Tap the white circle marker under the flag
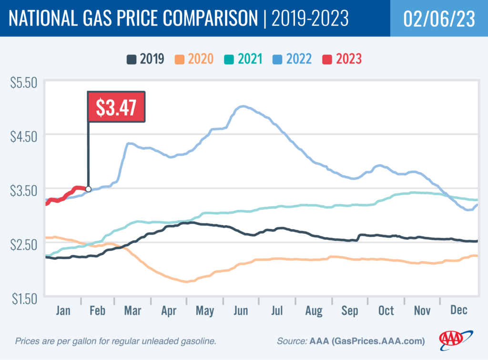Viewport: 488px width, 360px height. (88, 189)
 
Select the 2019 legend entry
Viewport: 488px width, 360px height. (145, 59)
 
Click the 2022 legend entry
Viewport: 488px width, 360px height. (293, 59)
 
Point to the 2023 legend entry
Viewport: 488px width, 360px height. (342, 59)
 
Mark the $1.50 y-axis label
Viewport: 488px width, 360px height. (24, 299)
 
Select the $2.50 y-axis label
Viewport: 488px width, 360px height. (24, 245)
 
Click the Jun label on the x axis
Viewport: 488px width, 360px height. (241, 310)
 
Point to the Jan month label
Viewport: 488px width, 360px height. (63, 310)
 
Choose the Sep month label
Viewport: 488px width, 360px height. (350, 310)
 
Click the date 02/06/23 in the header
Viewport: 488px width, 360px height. (438, 18)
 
